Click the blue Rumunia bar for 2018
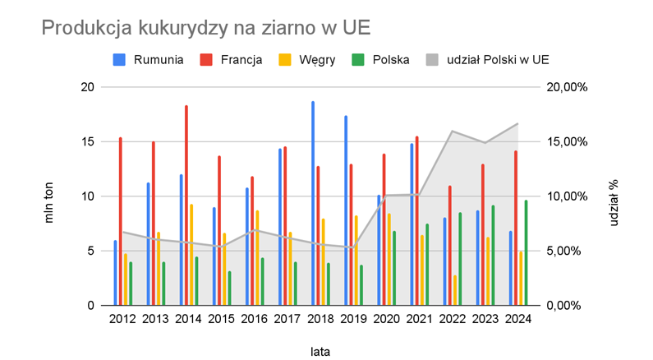[x=313, y=203]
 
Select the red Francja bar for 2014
[x=186, y=205]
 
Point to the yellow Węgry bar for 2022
[x=455, y=290]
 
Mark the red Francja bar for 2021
[x=416, y=220]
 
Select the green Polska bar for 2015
[x=230, y=288]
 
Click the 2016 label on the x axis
[x=252, y=319]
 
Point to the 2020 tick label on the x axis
[x=384, y=319]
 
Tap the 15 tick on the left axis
[x=89, y=141]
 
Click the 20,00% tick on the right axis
[x=567, y=87]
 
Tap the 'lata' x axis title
[x=320, y=350]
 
